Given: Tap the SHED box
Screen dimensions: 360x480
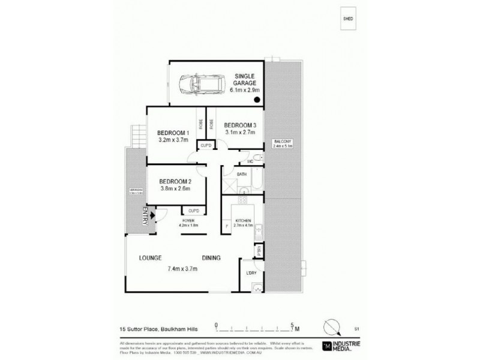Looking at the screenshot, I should [x=347, y=19].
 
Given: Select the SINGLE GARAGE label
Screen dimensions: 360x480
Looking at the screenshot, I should [x=245, y=80].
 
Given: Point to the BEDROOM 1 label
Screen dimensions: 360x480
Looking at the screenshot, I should [x=173, y=133].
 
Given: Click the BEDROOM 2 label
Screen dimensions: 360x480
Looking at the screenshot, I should [x=175, y=182].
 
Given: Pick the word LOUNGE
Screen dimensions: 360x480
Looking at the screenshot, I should [x=151, y=258].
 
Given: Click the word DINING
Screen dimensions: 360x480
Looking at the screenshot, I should [x=211, y=258].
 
